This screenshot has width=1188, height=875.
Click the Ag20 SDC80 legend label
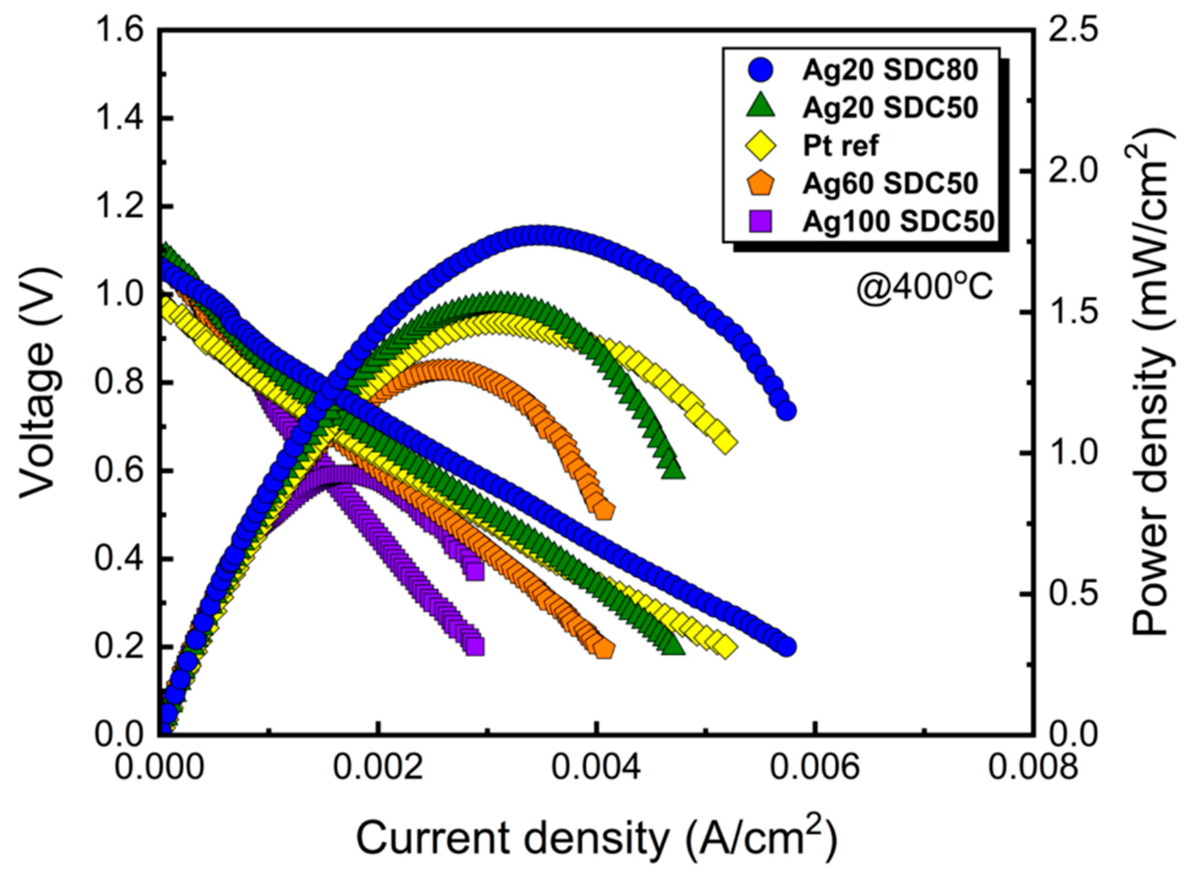click(x=889, y=70)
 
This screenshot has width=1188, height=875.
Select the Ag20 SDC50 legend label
click(x=889, y=108)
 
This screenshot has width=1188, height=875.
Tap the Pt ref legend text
click(x=840, y=145)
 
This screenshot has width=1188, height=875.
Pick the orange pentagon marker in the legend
click(x=760, y=183)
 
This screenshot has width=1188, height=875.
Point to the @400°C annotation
click(x=924, y=289)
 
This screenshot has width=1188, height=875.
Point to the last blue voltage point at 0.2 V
click(x=786, y=647)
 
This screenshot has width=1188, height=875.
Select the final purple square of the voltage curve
click(x=475, y=646)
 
